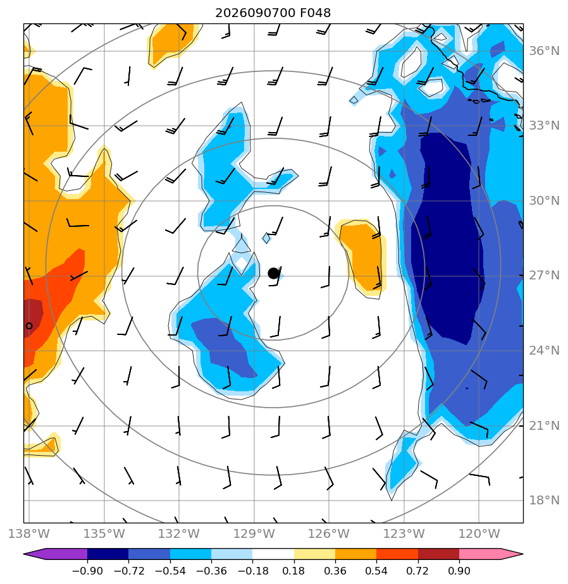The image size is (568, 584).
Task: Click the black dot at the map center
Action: pos(274,274)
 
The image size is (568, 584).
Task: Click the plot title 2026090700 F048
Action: pos(273,13)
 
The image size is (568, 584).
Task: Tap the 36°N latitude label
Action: pos(544,51)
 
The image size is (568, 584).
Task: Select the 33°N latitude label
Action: pos(544,126)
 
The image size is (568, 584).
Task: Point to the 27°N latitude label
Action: pos(544,276)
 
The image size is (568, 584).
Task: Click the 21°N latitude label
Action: pos(544,425)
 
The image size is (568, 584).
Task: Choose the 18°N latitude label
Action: pos(544,500)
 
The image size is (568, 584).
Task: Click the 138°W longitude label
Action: pos(28,533)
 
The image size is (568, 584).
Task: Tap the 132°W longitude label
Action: pos(179,533)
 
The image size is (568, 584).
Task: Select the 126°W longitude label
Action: pos(329,533)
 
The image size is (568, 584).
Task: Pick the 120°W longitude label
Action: pos(479,533)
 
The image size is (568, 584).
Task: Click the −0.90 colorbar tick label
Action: pos(87,571)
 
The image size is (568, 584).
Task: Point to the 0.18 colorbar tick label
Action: pos(293,571)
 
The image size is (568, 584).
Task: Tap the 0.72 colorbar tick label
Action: pos(417,571)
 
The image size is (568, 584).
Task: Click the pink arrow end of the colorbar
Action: pos(491,554)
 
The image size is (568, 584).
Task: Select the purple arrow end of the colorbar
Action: pos(56,554)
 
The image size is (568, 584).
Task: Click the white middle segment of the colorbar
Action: pos(273,554)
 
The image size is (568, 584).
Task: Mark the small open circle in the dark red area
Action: pos(29,326)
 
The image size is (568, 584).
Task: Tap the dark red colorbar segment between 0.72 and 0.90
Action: pos(438,554)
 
